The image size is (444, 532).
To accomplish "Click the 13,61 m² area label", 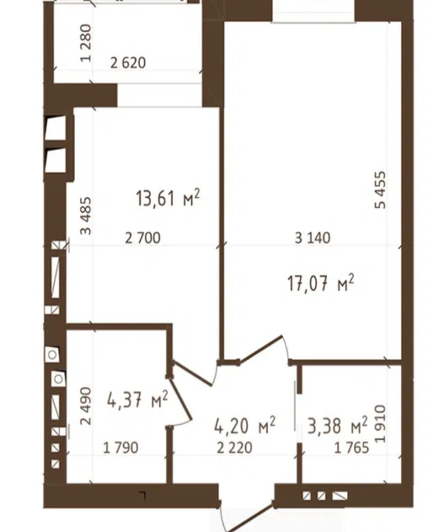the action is pos(167,198).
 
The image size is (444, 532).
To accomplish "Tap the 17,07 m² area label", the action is pos(320,283).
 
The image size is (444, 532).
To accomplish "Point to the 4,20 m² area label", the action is pos(245,426).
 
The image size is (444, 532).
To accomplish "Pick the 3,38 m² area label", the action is pos(337,426).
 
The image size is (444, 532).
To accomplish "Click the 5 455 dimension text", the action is pos(380,190).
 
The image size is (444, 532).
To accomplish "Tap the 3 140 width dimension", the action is pos(313,238).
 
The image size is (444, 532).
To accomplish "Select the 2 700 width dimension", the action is pos(143,238).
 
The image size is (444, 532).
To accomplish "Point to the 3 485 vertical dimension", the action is pos(85,216).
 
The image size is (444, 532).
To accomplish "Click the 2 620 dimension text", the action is pos(128,63).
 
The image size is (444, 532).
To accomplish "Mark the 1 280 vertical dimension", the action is pos(85,43).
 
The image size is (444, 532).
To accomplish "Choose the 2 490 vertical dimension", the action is pos(85,406).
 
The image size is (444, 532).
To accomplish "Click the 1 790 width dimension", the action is pos(121,448).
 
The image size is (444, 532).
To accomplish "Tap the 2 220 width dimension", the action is pos(235,448).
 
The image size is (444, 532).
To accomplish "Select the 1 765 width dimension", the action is pos(352,448).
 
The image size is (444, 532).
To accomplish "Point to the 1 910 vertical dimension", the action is pos(380,424).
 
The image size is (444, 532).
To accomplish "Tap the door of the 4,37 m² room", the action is pos(180,400).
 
